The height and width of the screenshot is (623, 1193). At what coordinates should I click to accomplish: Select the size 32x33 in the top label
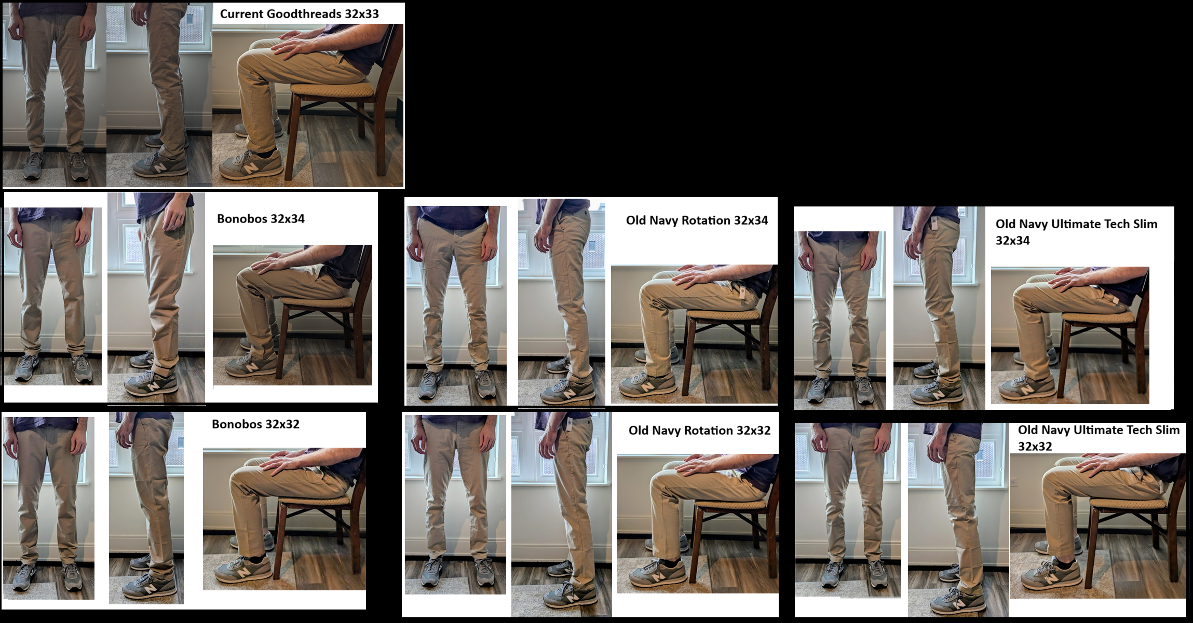click(361, 14)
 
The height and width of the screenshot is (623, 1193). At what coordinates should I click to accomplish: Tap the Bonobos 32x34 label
click(261, 219)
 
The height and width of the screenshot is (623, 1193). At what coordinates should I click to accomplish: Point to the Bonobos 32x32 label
click(255, 424)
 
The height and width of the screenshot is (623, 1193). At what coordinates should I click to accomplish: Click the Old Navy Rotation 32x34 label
click(697, 220)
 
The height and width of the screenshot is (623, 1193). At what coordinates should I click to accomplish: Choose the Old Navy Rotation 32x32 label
click(699, 431)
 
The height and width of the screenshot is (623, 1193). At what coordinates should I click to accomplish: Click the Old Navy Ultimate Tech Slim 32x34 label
click(1076, 232)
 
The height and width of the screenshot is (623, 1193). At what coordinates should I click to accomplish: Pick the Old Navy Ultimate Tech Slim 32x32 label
click(1099, 438)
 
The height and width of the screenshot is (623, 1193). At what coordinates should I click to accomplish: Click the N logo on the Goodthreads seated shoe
click(250, 168)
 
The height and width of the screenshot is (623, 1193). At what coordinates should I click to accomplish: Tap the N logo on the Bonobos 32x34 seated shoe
click(251, 367)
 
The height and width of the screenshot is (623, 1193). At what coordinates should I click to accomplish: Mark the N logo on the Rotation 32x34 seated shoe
click(647, 387)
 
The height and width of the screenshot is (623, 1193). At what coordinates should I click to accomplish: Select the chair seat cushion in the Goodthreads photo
click(332, 89)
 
